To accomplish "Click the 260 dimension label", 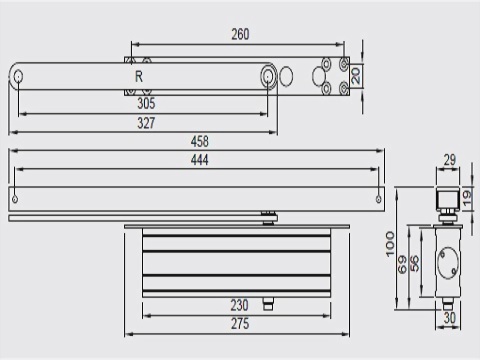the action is click(240, 34).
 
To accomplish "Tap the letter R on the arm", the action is click(139, 77).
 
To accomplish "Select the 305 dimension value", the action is click(146, 103).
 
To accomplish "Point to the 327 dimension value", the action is click(146, 123).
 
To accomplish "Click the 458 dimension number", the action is click(200, 141).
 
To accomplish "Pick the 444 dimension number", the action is click(200, 160).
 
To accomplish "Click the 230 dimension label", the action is click(240, 305).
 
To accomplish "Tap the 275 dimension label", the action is click(240, 324).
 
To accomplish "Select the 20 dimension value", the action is click(356, 76).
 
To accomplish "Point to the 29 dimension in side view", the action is click(450, 160).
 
